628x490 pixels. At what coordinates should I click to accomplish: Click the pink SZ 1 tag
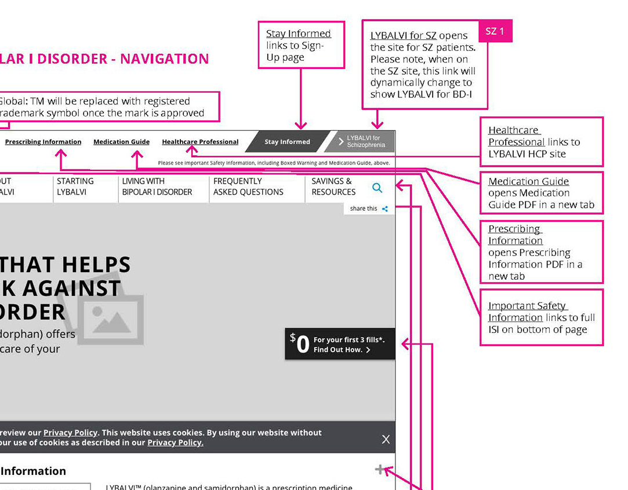[495, 31]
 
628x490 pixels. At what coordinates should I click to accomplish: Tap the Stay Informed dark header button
[287, 142]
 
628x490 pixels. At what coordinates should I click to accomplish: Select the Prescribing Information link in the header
[43, 142]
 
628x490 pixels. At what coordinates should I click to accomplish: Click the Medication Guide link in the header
[121, 142]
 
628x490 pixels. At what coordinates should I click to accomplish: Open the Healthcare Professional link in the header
[200, 142]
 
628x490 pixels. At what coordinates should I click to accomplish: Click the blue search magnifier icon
[377, 188]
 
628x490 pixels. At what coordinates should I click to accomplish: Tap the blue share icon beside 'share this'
[385, 209]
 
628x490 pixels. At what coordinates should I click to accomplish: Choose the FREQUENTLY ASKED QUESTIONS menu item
[248, 187]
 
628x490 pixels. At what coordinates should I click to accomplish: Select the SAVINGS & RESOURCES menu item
[333, 187]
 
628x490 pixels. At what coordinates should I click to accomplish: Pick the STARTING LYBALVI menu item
[75, 187]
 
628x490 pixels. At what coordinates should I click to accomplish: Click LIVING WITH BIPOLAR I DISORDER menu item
[157, 187]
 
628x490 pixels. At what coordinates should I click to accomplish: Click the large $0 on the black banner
[300, 343]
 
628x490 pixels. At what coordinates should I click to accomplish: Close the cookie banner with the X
[386, 440]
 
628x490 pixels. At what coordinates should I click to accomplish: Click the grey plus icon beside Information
[380, 470]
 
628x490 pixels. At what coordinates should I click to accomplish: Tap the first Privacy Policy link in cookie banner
[70, 433]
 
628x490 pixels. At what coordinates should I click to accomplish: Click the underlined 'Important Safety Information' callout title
[527, 312]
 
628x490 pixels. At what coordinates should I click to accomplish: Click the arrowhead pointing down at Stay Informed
[300, 125]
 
